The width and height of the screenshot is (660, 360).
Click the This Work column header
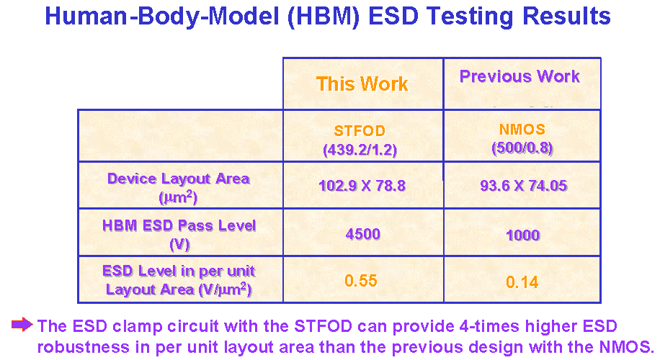[x=362, y=84]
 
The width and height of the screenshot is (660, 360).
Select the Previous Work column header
[x=519, y=76]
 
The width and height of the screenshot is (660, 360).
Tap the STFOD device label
[x=360, y=131]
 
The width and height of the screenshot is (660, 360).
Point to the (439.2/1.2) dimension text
[x=360, y=150]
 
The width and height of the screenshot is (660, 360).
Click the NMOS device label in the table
[x=522, y=130]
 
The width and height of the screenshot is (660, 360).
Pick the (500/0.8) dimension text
[x=522, y=148]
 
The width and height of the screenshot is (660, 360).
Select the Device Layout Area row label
[x=179, y=187]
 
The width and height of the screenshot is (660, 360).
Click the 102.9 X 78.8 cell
[x=362, y=186]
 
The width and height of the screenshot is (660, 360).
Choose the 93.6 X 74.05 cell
[x=524, y=186]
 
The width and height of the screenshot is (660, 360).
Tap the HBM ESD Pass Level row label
[x=179, y=234]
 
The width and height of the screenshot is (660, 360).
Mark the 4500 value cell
[x=363, y=234]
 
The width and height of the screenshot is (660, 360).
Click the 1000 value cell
[x=523, y=235]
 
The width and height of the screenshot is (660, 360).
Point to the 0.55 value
[x=361, y=281]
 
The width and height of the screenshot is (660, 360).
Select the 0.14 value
[x=522, y=282]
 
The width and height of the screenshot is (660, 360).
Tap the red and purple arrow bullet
[x=22, y=324]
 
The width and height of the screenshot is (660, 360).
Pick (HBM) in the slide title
[x=324, y=17]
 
